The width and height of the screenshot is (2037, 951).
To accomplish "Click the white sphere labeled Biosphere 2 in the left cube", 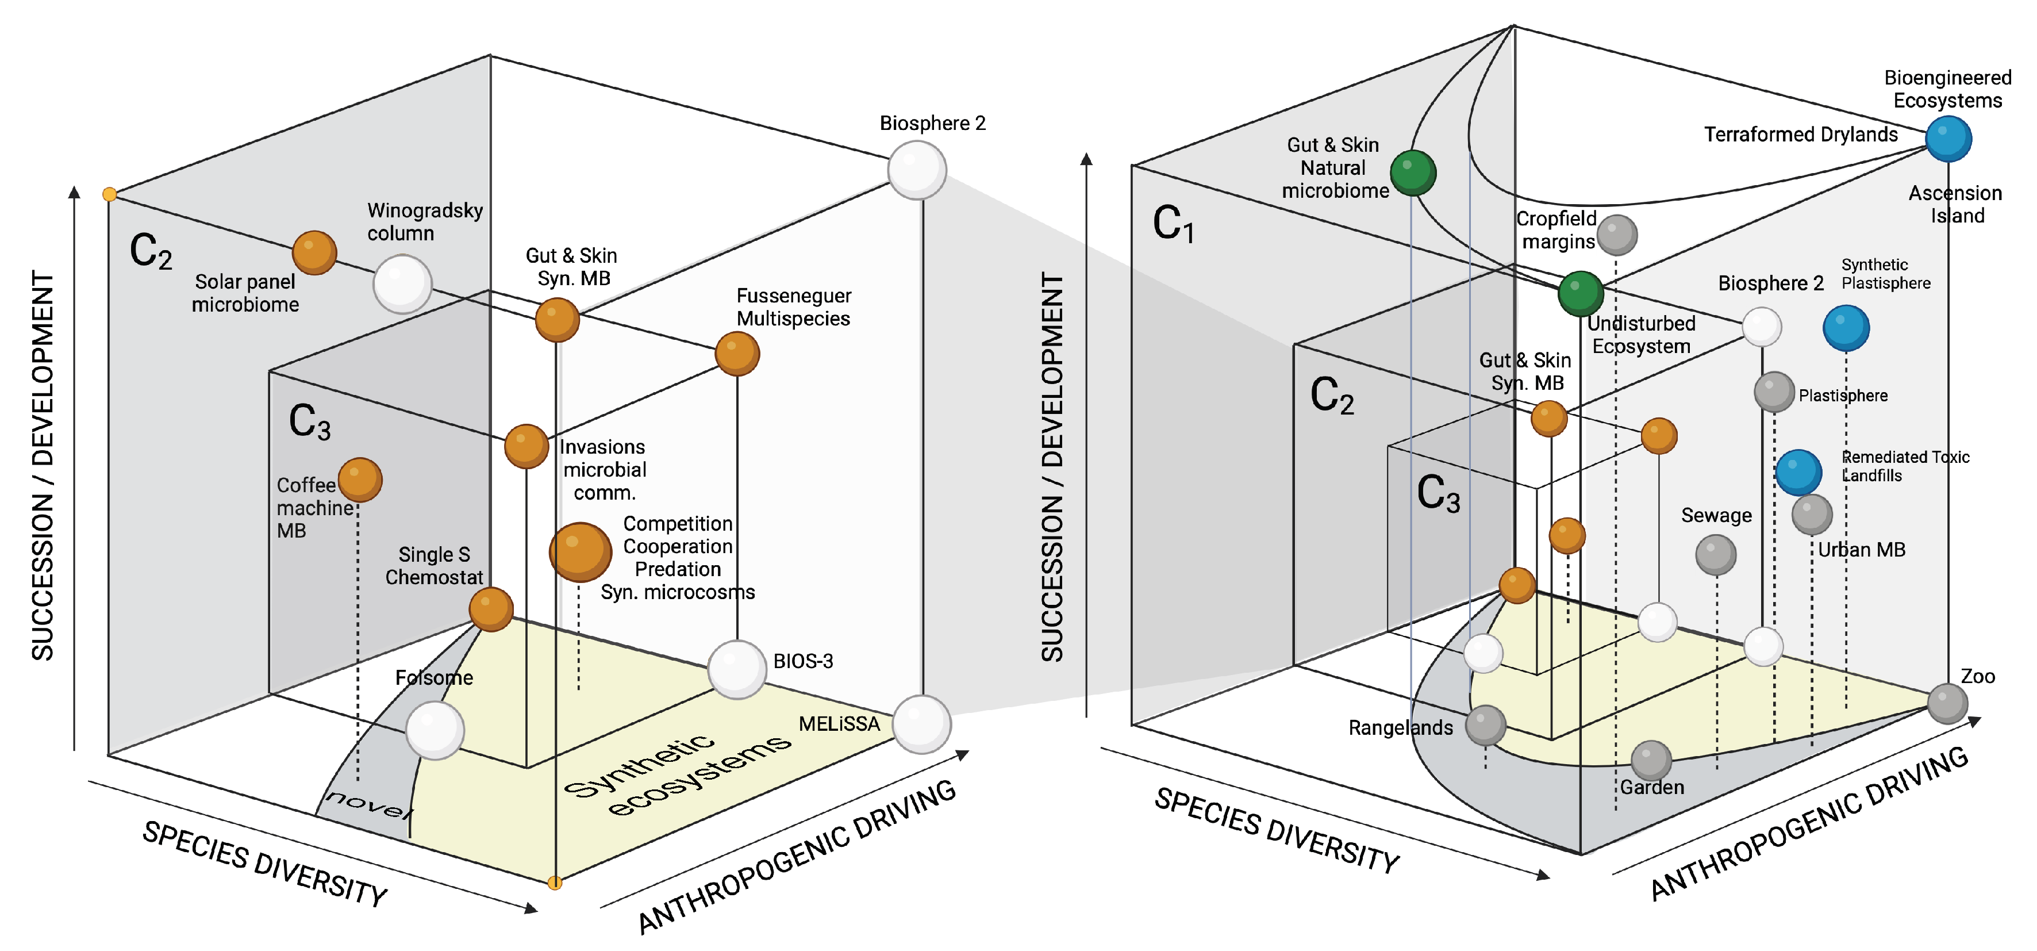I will pos(917,170).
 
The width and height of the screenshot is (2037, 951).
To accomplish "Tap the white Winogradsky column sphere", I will pos(402,283).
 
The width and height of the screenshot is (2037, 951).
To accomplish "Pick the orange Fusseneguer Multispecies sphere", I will pos(737,353).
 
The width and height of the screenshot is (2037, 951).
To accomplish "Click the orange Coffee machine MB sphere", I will pos(360,480).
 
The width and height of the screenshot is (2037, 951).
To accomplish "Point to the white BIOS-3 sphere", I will pos(737,669).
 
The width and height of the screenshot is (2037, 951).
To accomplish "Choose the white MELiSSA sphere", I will pos(921,723).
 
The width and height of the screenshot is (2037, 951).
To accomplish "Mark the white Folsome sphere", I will pos(434,730).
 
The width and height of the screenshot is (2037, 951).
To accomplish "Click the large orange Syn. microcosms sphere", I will pos(579,551).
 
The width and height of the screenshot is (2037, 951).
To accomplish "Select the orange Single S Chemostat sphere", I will pos(491,608).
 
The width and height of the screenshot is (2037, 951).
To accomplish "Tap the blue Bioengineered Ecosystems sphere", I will pos(1948,139).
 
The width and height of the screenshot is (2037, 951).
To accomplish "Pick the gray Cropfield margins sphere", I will pos(1616,234).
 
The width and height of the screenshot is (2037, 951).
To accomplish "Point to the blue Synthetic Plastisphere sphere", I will pos(1846,328).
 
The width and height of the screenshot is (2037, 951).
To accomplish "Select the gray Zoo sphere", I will pos(1947,703).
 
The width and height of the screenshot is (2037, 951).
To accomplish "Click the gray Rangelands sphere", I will pos(1485,724).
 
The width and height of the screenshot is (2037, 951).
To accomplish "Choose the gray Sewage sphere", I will pos(1715,555).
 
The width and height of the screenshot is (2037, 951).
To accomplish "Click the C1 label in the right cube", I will pos(1173,224).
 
